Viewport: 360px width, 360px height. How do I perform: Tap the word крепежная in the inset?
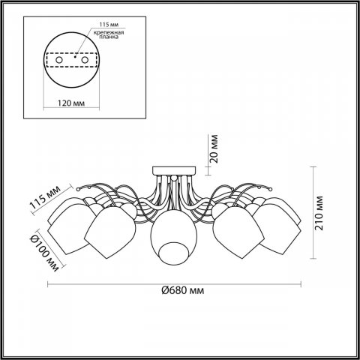tap(110, 34)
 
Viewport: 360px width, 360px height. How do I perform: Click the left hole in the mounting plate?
tap(55, 59)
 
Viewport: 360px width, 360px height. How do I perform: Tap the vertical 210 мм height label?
tap(319, 214)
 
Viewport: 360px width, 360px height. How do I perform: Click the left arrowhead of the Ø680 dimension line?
tap(50, 283)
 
